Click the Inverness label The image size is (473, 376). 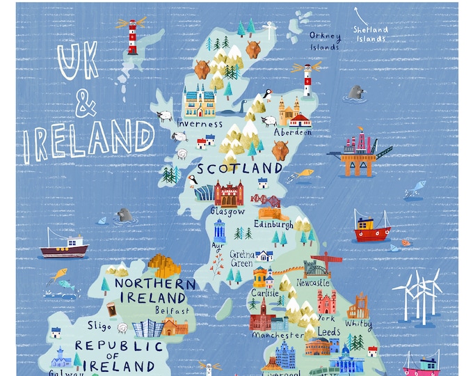[200, 124]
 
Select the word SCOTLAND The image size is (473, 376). [240, 169]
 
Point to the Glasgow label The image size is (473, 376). [228, 210]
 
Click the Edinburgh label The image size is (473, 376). [273, 224]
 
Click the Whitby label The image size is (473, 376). [358, 324]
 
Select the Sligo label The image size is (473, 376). [99, 325]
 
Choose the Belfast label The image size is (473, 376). [173, 311]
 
